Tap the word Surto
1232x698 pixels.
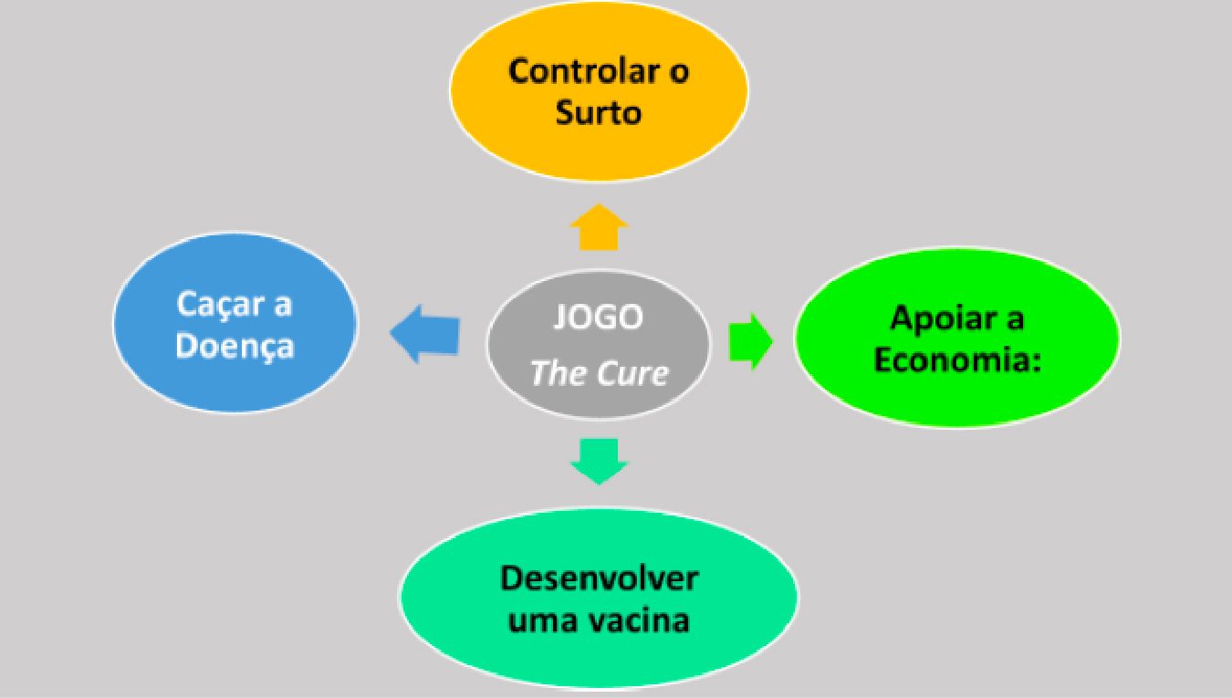pos(599,113)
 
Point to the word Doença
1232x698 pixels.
pos(235,346)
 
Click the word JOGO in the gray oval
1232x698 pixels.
pos(599,318)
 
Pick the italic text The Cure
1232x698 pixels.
pos(599,372)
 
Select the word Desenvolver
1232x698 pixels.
pos(600,579)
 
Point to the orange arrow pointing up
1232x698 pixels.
pos(599,228)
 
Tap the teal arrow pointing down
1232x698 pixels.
pos(599,461)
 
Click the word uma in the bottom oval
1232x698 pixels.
pos(538,621)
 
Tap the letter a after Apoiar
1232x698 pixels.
pos(1013,319)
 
